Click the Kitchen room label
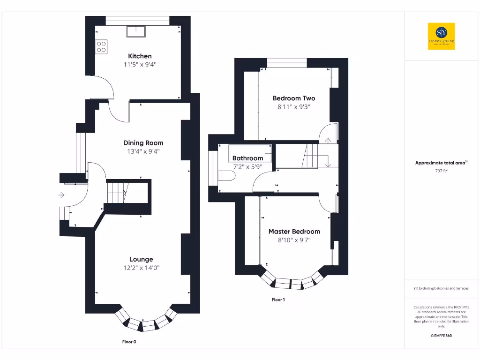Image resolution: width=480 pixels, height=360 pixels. pyautogui.click(x=140, y=56)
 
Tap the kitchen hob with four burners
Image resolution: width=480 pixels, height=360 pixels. pyautogui.click(x=101, y=46)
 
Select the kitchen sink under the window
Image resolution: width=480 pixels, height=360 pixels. pyautogui.click(x=136, y=31)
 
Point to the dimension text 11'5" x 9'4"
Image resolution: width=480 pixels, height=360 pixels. pyautogui.click(x=140, y=65)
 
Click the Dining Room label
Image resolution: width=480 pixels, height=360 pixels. pyautogui.click(x=143, y=143)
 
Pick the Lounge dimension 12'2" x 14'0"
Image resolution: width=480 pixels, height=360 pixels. pyautogui.click(x=141, y=268)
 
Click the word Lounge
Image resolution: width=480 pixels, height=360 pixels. pyautogui.click(x=141, y=259)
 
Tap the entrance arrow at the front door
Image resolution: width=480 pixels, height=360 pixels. pyautogui.click(x=62, y=195)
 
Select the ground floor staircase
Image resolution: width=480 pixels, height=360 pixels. pyautogui.click(x=117, y=193)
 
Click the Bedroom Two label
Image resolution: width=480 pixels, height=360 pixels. pyautogui.click(x=293, y=98)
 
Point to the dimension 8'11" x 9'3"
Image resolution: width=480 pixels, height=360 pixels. pyautogui.click(x=293, y=107)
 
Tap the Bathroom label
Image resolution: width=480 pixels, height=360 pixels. pyautogui.click(x=247, y=158)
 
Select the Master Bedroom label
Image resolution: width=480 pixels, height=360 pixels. pyautogui.click(x=294, y=232)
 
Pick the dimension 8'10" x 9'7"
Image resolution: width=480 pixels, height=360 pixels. pyautogui.click(x=294, y=240)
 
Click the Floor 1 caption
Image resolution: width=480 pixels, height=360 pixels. pyautogui.click(x=278, y=300)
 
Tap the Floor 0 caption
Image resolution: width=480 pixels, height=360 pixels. pyautogui.click(x=129, y=342)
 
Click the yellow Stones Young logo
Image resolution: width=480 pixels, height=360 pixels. pyautogui.click(x=441, y=36)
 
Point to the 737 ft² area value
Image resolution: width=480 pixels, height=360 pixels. pyautogui.click(x=441, y=171)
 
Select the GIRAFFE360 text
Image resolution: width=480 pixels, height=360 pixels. pyautogui.click(x=441, y=336)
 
